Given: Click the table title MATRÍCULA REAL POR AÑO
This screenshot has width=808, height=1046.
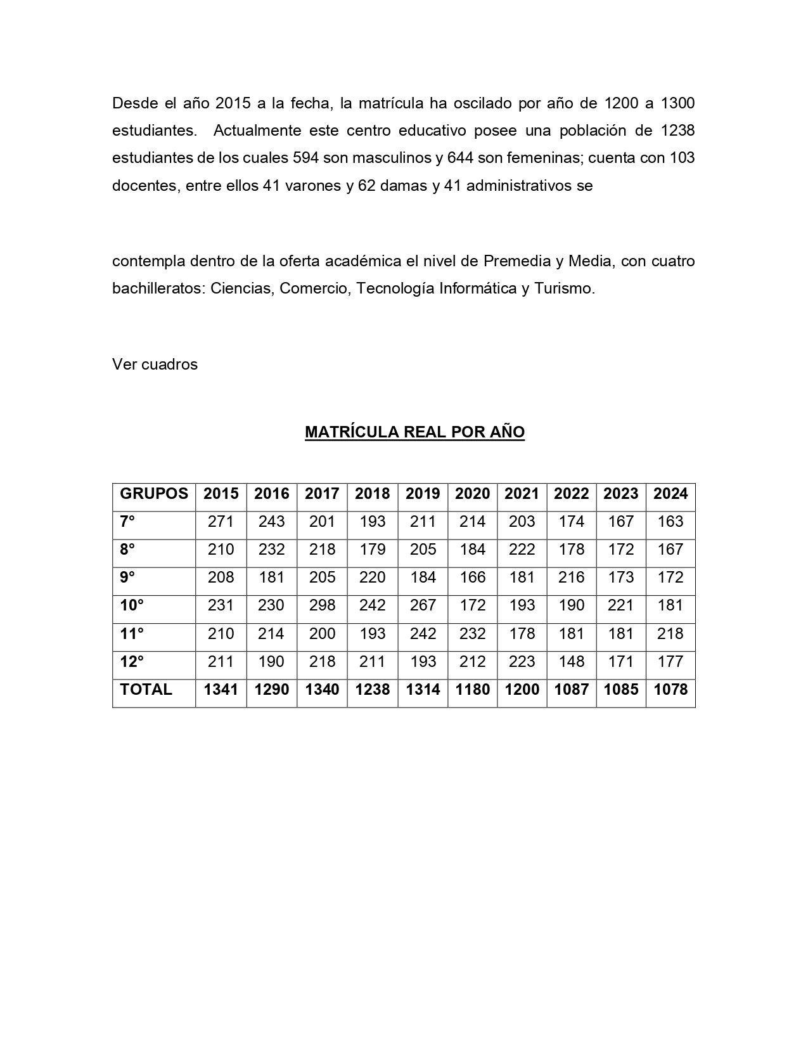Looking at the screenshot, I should coord(414,432).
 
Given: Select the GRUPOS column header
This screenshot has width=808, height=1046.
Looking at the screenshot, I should coord(154,494).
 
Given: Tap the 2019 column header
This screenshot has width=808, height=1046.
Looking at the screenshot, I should coord(423,494).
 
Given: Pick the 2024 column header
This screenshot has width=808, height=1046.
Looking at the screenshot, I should coord(670,494).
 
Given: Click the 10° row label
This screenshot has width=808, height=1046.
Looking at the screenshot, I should coord(132,605).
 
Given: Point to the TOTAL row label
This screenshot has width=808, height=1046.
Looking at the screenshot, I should coord(146,690).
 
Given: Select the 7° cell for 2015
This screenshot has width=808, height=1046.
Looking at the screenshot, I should coord(221,522).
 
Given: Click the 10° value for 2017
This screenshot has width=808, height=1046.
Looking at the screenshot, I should coord(322,605).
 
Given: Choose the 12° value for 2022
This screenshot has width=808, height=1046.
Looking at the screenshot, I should coord(572,662).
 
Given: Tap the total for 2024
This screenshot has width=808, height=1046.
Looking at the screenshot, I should coord(670,690).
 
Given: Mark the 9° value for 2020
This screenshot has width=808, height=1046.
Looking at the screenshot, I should coord(473,578).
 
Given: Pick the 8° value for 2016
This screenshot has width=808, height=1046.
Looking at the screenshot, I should coord(272,550).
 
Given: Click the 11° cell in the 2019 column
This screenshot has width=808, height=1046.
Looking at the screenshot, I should coord(423,634).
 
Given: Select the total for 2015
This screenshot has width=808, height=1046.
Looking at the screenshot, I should coord(221,690).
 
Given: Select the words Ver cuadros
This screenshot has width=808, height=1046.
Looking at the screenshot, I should coord(155,365).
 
